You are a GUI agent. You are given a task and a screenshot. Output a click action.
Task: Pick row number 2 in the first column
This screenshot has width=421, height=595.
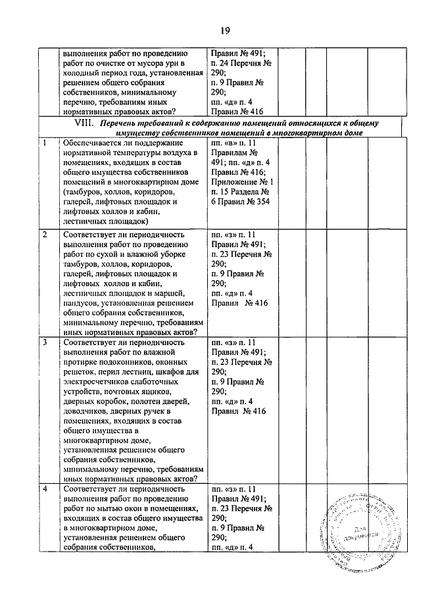click(x=44, y=235)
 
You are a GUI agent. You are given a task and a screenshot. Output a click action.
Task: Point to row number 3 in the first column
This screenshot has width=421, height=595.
click(x=44, y=343)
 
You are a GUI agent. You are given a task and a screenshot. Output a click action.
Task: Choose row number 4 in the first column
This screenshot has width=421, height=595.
click(x=44, y=489)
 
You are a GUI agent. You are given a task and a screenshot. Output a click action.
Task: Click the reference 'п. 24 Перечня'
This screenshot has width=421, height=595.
click(x=235, y=64)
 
